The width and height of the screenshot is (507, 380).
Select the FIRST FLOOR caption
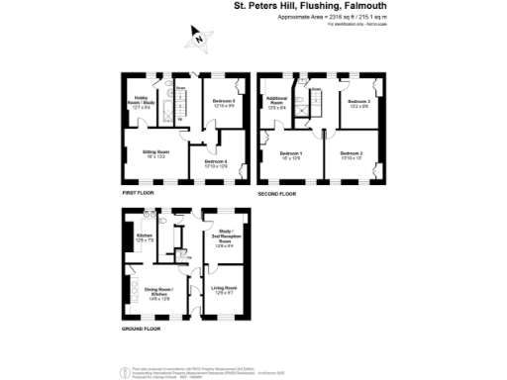tap(138, 193)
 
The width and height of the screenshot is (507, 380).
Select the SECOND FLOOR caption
tap(277, 193)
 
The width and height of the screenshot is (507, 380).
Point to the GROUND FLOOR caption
tap(141, 328)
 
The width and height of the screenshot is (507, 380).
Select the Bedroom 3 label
tap(358, 103)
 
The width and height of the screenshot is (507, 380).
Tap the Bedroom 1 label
tap(290, 154)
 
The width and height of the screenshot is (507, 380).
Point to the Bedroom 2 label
tap(352, 154)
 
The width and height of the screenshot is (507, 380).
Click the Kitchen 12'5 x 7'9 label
tap(145, 238)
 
